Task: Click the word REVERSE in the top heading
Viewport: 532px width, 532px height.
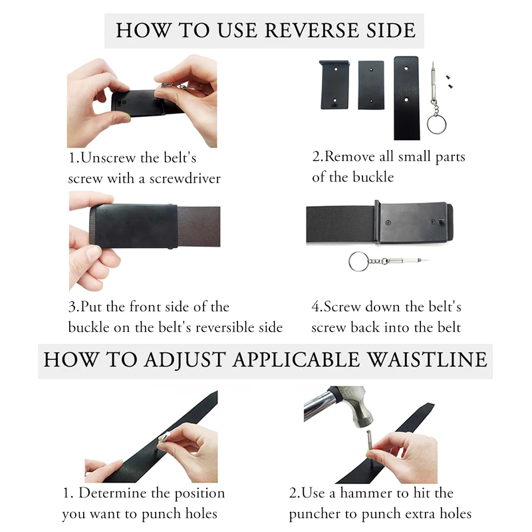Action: tap(311, 30)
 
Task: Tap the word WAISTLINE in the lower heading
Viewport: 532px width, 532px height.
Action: tap(428, 360)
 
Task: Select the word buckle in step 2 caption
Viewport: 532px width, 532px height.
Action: tap(373, 177)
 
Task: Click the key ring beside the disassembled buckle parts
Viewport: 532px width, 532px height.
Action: tap(436, 124)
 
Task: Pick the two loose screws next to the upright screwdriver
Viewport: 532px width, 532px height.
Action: tap(450, 82)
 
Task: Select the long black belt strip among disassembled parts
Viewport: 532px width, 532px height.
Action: tap(406, 98)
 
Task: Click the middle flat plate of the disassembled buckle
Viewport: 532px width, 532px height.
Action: tap(371, 85)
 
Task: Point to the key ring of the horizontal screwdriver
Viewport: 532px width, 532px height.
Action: tap(358, 261)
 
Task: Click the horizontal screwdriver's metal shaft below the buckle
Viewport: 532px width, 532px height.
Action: tap(406, 261)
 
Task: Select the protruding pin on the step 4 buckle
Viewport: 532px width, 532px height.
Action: tap(442, 221)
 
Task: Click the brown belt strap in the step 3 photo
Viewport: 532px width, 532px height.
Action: tap(198, 226)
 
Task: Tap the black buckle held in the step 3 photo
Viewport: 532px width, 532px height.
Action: tap(134, 226)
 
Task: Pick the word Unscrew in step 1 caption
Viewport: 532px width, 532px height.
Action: tap(104, 158)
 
